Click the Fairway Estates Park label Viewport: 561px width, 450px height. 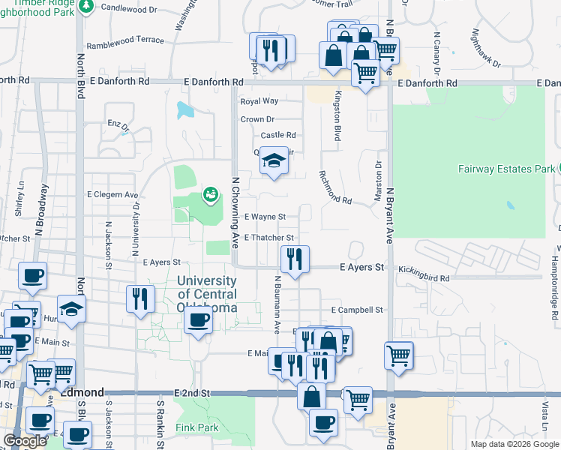click(506, 169)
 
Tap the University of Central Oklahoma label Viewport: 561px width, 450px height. click(207, 294)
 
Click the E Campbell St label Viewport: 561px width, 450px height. click(357, 310)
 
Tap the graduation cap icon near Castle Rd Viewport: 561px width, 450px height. click(274, 160)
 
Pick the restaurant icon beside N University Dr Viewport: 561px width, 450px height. click(140, 298)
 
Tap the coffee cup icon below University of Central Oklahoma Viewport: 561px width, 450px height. click(198, 320)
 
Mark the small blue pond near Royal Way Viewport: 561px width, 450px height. click(184, 109)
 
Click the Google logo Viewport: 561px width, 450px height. click(25, 441)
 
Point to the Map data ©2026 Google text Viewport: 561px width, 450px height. click(514, 444)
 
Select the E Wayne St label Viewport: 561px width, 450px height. click(265, 217)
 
